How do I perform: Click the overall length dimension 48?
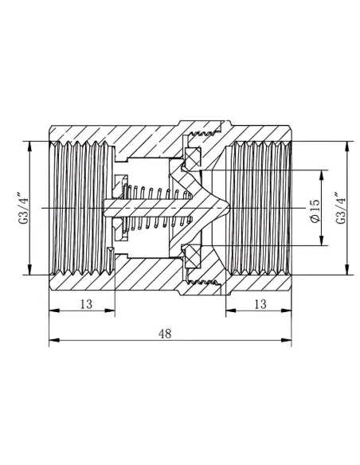tap(165, 334)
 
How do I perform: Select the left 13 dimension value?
tap(86, 304)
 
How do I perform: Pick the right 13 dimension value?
tap(260, 304)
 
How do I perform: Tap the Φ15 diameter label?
tap(315, 210)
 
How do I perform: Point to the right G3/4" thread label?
tap(342, 209)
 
